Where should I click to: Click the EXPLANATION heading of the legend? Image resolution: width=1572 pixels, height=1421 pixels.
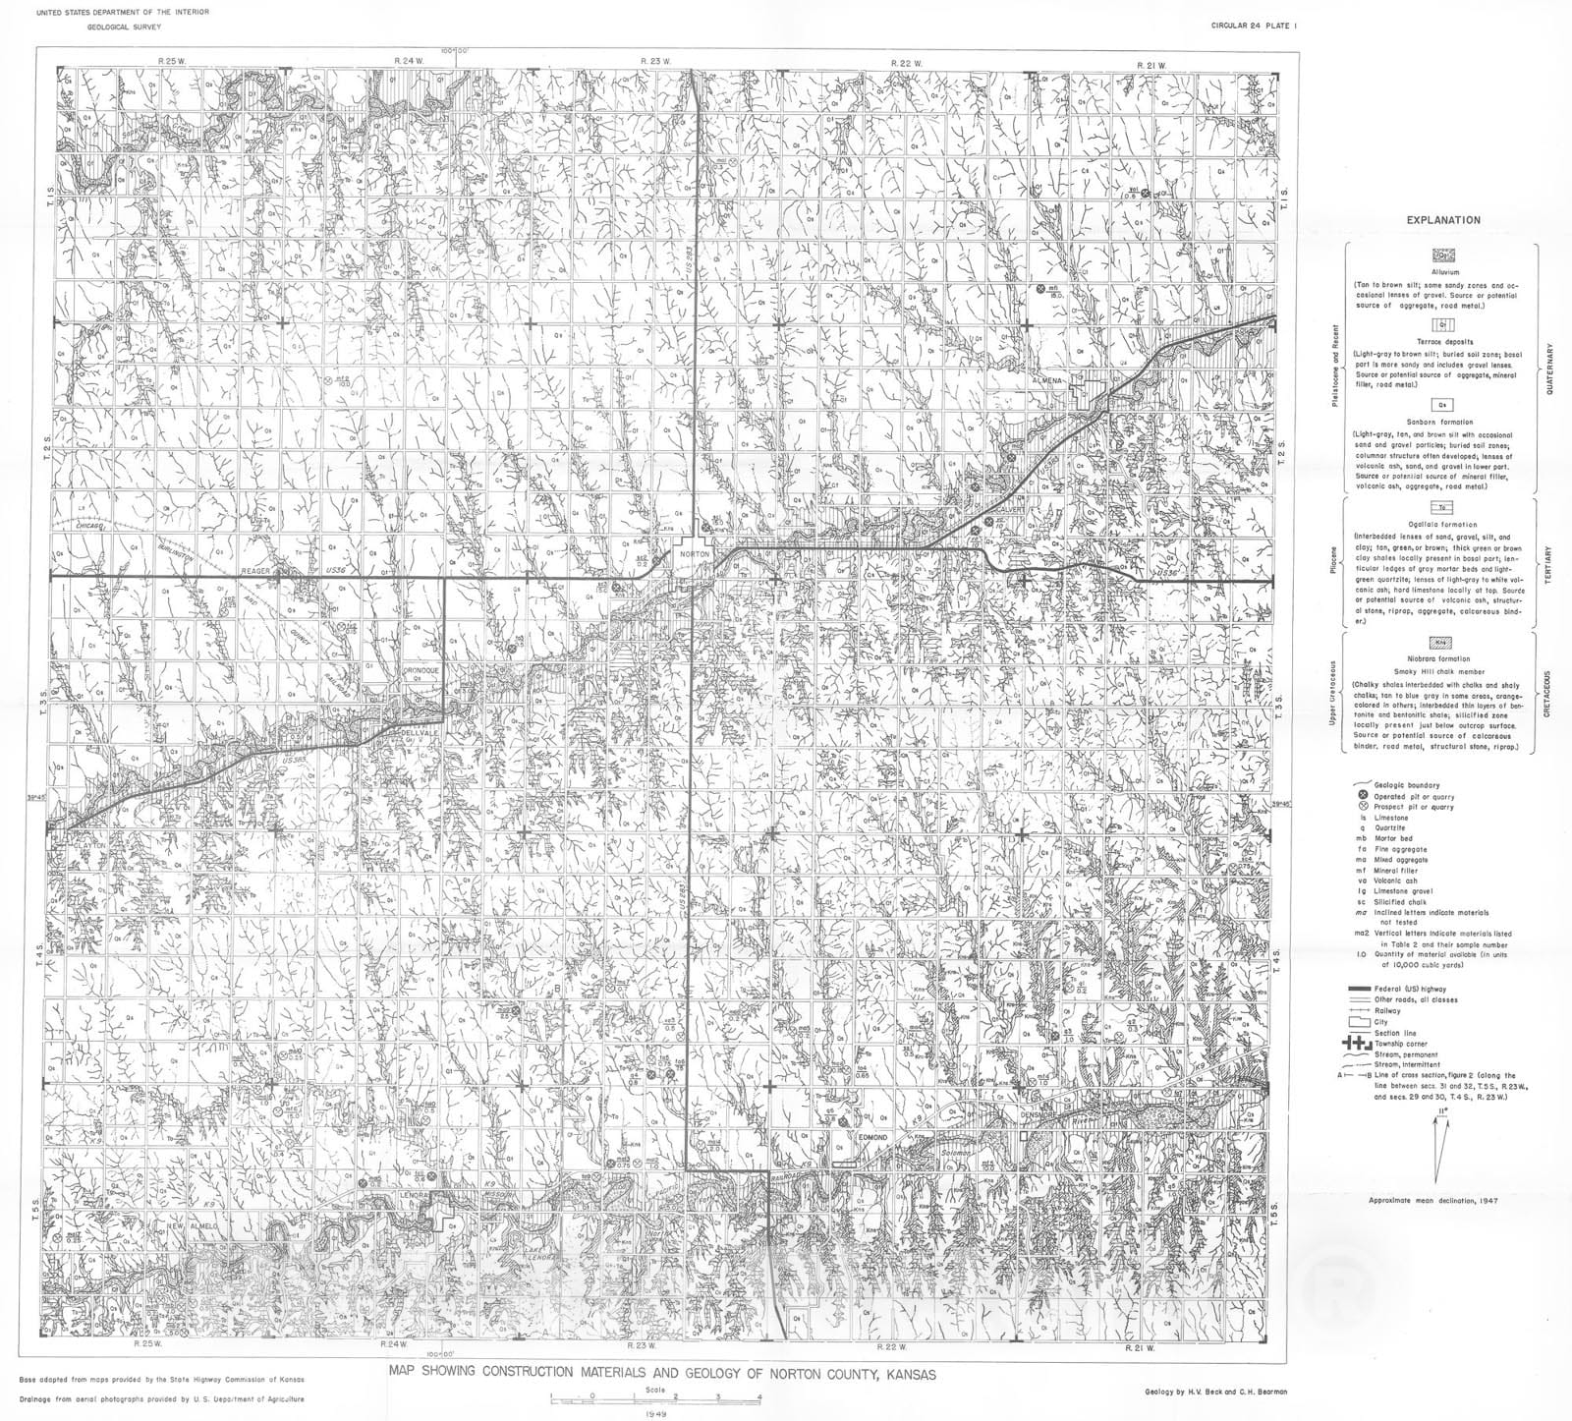1442,220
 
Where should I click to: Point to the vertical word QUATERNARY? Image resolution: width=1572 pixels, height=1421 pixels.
1548,368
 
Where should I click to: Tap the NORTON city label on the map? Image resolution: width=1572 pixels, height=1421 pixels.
693,555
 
